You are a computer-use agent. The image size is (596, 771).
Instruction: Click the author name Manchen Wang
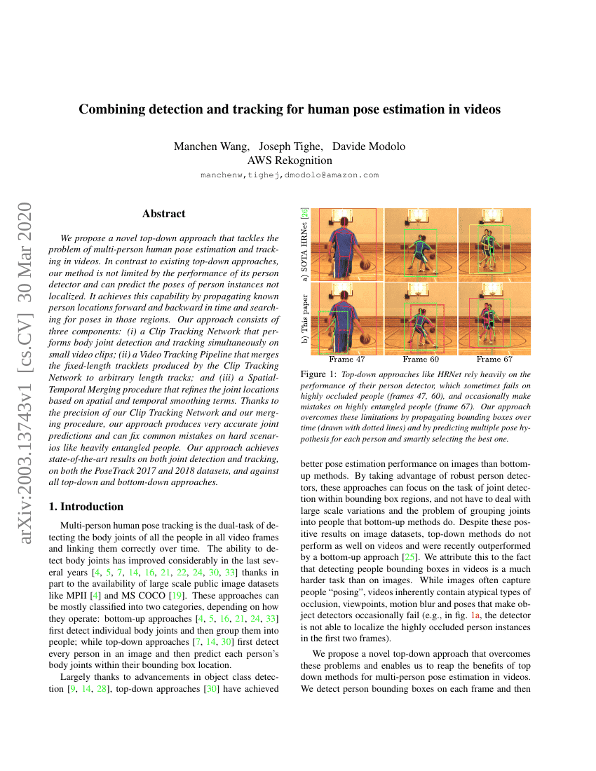point(211,146)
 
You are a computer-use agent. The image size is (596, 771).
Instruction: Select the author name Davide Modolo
point(369,146)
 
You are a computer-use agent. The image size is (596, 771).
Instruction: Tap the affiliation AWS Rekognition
point(290,161)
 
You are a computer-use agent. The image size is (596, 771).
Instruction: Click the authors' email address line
point(290,175)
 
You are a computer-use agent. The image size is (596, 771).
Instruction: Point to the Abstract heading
point(163,214)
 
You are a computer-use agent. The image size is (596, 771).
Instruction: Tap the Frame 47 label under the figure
point(344,360)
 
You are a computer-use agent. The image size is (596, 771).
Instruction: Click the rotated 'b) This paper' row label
point(304,318)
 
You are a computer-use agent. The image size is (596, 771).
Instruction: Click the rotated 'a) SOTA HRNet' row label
point(304,245)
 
